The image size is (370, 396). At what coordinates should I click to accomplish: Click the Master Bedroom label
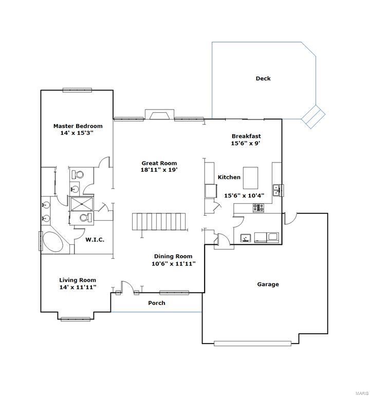(x=78, y=126)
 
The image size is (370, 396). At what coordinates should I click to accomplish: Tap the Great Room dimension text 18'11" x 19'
(x=159, y=170)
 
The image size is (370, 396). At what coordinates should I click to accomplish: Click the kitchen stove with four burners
(x=257, y=208)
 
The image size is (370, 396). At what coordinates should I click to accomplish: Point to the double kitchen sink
(x=277, y=190)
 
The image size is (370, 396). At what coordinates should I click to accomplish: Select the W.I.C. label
(x=95, y=239)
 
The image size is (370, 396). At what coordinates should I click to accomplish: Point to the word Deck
(x=263, y=79)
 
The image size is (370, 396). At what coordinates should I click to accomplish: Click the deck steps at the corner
(x=312, y=116)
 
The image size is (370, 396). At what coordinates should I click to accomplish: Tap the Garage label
(x=268, y=284)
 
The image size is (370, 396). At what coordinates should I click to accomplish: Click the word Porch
(x=157, y=303)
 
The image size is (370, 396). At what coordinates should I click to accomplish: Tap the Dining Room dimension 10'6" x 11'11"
(x=173, y=264)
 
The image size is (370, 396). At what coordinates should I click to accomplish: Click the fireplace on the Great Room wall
(x=159, y=115)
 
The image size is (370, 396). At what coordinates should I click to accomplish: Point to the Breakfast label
(x=246, y=136)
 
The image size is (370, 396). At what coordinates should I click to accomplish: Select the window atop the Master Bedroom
(x=77, y=91)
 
